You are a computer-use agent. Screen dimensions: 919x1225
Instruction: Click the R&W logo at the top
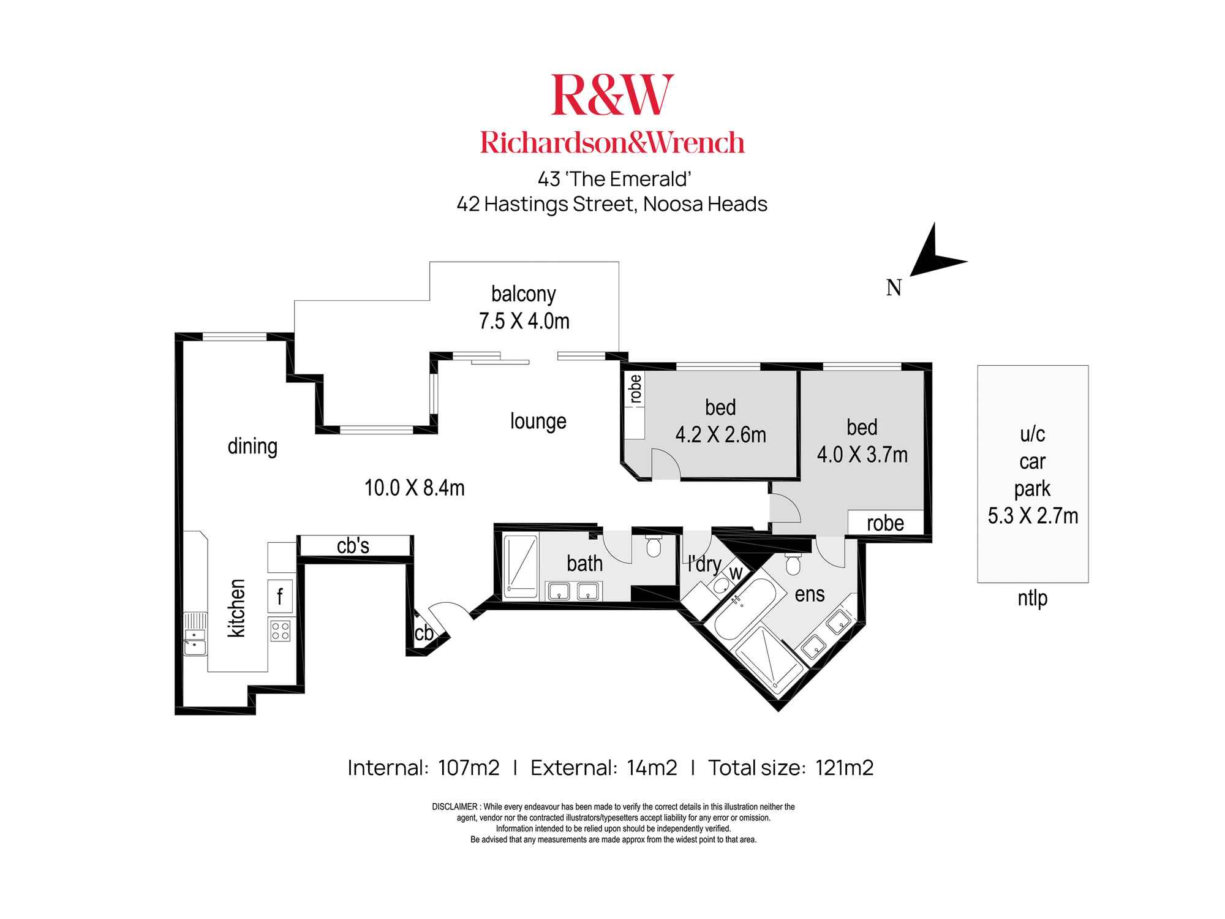pyautogui.click(x=612, y=95)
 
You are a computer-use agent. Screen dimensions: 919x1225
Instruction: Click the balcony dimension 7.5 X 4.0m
pyautogui.click(x=524, y=321)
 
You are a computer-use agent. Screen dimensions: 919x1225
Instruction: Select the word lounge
pyautogui.click(x=538, y=422)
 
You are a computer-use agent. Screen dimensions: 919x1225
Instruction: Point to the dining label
pyautogui.click(x=252, y=446)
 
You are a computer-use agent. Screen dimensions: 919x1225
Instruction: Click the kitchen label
pyautogui.click(x=236, y=608)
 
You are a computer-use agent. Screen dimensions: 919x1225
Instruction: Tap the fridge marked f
pyautogui.click(x=280, y=596)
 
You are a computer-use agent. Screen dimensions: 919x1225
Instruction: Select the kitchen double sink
pyautogui.click(x=195, y=634)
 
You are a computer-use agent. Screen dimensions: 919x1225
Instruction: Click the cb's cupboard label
pyautogui.click(x=353, y=546)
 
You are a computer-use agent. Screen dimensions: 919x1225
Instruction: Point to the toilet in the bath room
pyautogui.click(x=654, y=545)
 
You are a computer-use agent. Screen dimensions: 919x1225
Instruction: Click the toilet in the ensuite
pyautogui.click(x=793, y=564)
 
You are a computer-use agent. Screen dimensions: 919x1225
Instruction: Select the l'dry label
pyautogui.click(x=704, y=564)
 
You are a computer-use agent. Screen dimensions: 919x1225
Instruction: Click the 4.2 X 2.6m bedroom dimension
pyautogui.click(x=720, y=435)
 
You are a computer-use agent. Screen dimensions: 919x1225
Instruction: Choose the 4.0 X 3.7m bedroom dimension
pyautogui.click(x=862, y=455)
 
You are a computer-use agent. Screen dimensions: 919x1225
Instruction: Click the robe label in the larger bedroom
pyautogui.click(x=885, y=523)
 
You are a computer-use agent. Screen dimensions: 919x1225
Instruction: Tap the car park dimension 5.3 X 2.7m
pyautogui.click(x=1033, y=516)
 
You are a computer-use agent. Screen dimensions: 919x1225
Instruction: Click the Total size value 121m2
pyautogui.click(x=844, y=768)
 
